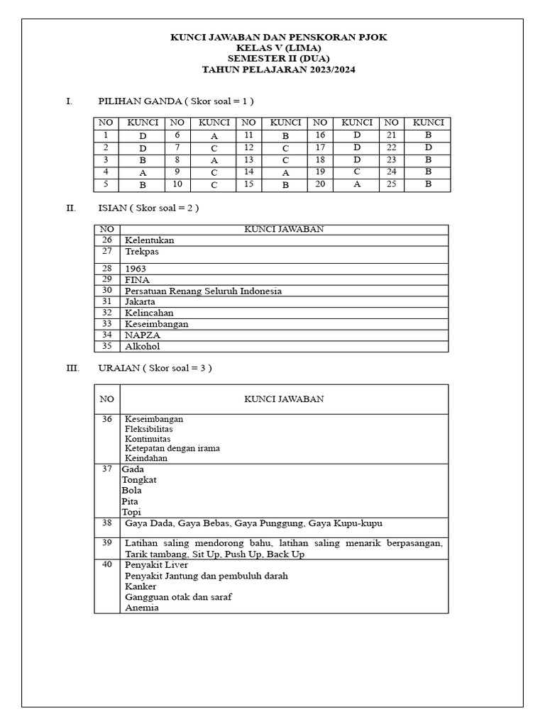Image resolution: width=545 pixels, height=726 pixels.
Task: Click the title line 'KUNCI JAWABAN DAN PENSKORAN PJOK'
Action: pyautogui.click(x=279, y=37)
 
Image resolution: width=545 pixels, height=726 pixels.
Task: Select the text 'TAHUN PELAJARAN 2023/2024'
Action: pyautogui.click(x=279, y=69)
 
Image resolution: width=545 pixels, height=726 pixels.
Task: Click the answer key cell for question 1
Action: pyautogui.click(x=143, y=135)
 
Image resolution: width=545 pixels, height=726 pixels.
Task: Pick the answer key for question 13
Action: pyautogui.click(x=285, y=160)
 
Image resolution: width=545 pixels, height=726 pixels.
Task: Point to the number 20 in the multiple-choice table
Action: pyautogui.click(x=320, y=184)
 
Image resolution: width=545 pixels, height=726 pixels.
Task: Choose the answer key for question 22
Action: pyautogui.click(x=428, y=147)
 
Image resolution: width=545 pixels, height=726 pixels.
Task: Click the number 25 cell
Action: pyautogui.click(x=391, y=184)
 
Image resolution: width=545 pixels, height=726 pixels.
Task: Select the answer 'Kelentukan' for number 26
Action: pyautogui.click(x=149, y=240)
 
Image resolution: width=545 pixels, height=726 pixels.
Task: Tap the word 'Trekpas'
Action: pyautogui.click(x=141, y=251)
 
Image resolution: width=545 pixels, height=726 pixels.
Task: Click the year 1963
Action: pyautogui.click(x=136, y=269)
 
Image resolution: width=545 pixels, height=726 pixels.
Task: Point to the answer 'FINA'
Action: pyautogui.click(x=137, y=280)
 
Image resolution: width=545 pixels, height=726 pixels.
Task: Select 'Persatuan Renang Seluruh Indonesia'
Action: pyautogui.click(x=203, y=291)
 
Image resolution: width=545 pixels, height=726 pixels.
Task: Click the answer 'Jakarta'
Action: pyautogui.click(x=140, y=302)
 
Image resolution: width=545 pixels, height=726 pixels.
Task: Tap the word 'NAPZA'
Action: pyautogui.click(x=141, y=335)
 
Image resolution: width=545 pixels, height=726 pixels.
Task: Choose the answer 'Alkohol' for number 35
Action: pyautogui.click(x=142, y=346)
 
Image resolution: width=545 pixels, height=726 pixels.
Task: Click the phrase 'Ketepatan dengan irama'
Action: pyautogui.click(x=172, y=448)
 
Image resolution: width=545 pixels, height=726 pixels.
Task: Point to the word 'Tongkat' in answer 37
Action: pyautogui.click(x=139, y=480)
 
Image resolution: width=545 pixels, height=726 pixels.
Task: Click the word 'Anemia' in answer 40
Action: pyautogui.click(x=142, y=608)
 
